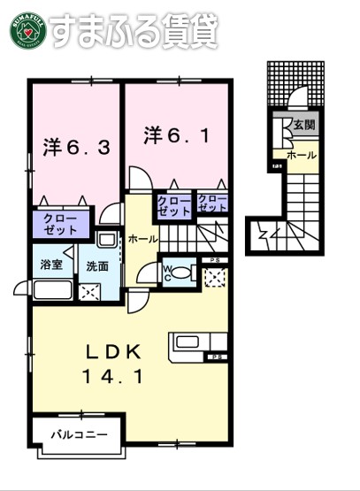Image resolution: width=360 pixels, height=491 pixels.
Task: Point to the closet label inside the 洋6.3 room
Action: pos(57,224)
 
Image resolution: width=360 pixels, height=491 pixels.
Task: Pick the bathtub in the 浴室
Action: pos(48,289)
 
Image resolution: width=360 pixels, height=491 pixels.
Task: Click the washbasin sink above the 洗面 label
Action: pos(106,239)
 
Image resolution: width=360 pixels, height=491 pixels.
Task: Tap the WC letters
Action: pos(167,270)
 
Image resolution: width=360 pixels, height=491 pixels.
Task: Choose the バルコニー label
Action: pos(78,435)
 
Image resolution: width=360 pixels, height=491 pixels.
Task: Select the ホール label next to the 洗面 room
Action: pos(143,239)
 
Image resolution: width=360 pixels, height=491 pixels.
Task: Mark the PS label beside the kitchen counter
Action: pos(218,357)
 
